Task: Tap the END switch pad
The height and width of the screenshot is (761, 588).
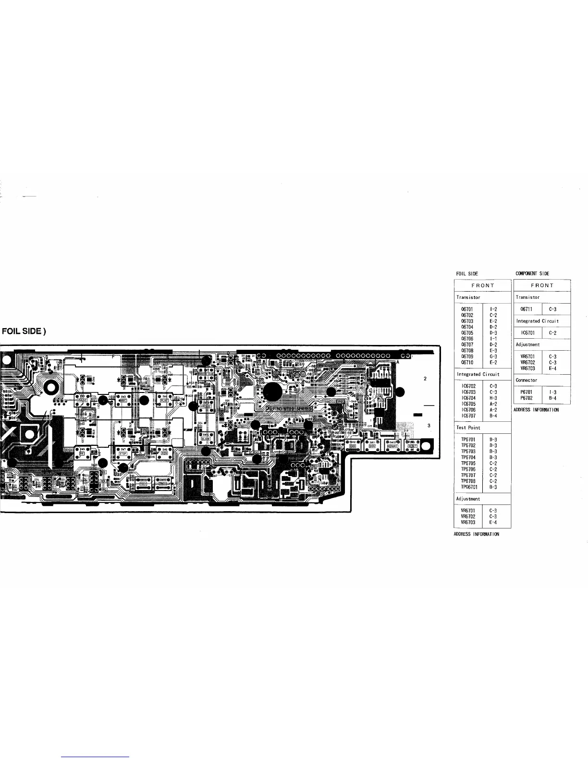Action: tap(352, 445)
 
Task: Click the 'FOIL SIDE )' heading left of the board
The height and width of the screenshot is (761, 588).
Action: tap(24, 331)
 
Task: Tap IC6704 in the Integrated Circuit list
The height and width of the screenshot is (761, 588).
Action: tap(468, 398)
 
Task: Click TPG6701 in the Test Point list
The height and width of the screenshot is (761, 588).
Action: tap(468, 487)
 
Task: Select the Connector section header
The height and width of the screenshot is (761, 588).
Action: tap(527, 380)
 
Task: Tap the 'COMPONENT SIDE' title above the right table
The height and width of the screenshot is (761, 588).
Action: tap(532, 273)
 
